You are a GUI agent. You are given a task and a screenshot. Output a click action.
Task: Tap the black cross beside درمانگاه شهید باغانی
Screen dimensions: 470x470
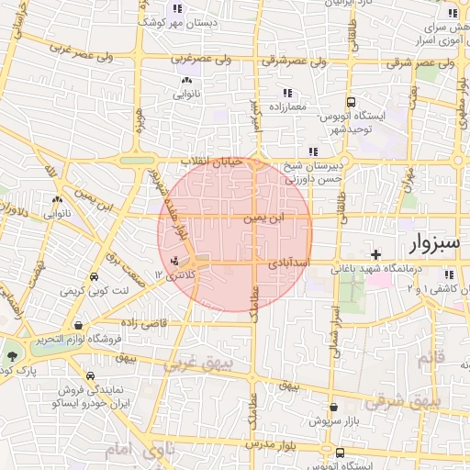pyautogui.click(x=375, y=253)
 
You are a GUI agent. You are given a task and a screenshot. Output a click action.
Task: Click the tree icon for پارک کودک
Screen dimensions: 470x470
pyautogui.click(x=12, y=356)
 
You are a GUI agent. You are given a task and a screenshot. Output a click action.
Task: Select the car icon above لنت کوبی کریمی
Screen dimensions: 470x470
pyautogui.click(x=95, y=275)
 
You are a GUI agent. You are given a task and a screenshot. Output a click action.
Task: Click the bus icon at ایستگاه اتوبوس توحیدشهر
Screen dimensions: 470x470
pyautogui.click(x=351, y=103)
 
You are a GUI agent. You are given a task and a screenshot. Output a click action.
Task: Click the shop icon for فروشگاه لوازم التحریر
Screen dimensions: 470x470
pyautogui.click(x=81, y=324)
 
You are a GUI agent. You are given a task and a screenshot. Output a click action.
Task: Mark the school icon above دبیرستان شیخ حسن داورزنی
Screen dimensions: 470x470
pyautogui.click(x=313, y=151)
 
